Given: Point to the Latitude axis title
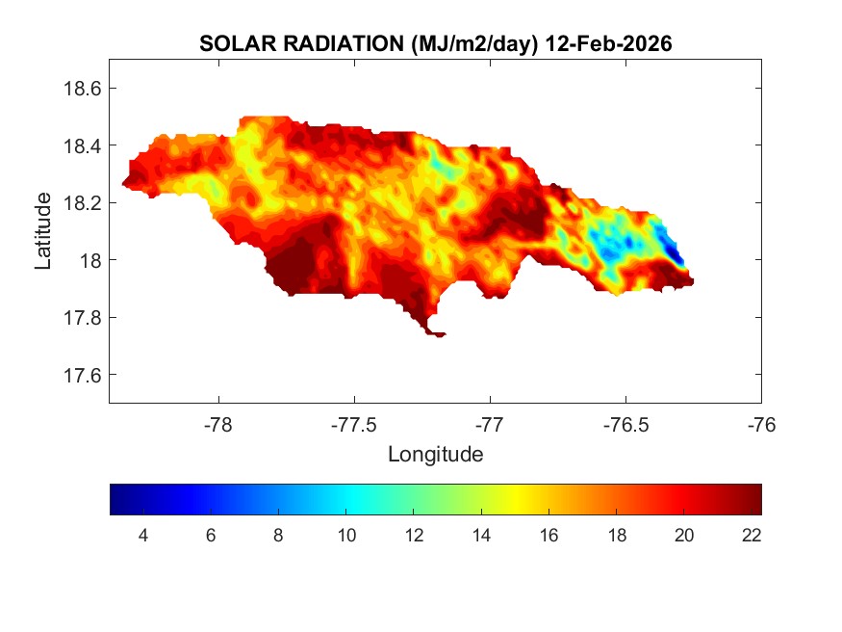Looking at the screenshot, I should pos(43,230).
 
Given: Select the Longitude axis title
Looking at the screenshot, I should pos(435,454).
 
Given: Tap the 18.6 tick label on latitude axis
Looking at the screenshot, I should pos(82,89).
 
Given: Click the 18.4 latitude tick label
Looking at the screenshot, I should pos(82,145).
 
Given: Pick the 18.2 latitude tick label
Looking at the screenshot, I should pos(82,203).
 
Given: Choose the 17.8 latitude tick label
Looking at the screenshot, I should pos(82,318).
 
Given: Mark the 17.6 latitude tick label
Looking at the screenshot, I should pos(82,375).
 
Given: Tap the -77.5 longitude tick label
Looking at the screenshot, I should pos(354,423).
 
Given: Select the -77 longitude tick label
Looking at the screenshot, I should pos(490,423).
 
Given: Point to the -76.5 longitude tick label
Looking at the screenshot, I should pos(625,423).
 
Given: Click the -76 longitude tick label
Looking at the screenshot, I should pos(761,423).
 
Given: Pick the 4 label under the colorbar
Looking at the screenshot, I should pos(143,535).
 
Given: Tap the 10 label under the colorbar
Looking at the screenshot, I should pos(346,535).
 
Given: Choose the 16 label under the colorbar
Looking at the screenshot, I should pos(549,535).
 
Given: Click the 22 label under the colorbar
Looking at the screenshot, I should pos(752,535).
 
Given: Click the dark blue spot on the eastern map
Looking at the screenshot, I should pos(676,256).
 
